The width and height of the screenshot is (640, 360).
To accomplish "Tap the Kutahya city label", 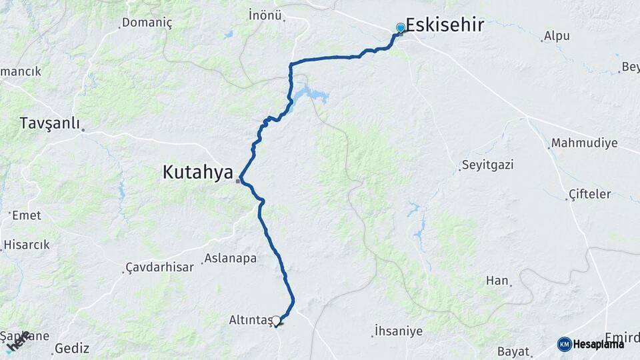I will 197,172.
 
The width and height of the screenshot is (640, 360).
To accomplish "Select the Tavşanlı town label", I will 49,123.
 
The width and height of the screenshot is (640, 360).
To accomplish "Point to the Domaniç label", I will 147,23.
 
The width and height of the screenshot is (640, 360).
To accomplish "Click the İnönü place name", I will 265,15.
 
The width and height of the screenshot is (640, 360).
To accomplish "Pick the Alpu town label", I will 557,36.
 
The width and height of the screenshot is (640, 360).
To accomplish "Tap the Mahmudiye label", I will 584,143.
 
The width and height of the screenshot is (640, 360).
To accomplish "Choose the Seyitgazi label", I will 487,165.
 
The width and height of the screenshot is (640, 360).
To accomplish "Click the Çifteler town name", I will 589,194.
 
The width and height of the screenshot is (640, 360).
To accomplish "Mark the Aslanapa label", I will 230,258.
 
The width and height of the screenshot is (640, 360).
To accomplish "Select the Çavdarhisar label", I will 160,267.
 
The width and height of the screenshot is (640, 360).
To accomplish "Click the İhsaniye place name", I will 397,330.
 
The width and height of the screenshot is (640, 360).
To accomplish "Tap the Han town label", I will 497,281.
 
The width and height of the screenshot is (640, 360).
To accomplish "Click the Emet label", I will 26,215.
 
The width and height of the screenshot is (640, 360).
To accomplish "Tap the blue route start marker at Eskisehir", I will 400,28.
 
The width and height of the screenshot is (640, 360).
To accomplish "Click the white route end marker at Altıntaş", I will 276,321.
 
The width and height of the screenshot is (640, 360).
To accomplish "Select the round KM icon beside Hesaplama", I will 564,344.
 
